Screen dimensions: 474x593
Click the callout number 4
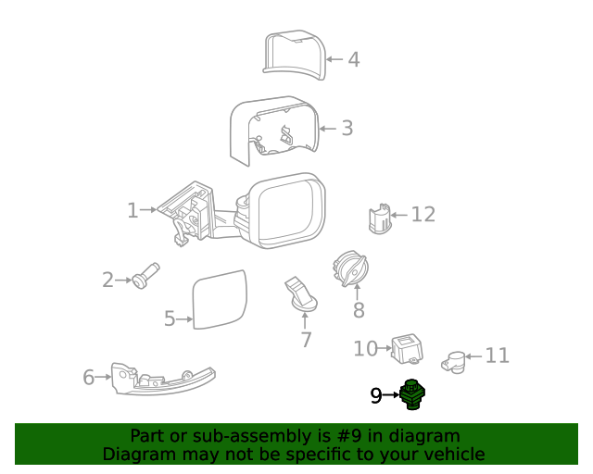353,60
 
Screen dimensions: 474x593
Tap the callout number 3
347,128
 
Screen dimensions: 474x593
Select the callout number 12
423,215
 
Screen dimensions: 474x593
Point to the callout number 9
376,396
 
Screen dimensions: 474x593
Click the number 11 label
498,355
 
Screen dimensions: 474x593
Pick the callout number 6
89,377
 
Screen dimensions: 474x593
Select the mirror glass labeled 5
220,299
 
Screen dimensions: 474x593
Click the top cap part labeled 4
292,56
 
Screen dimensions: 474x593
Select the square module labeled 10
404,349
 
